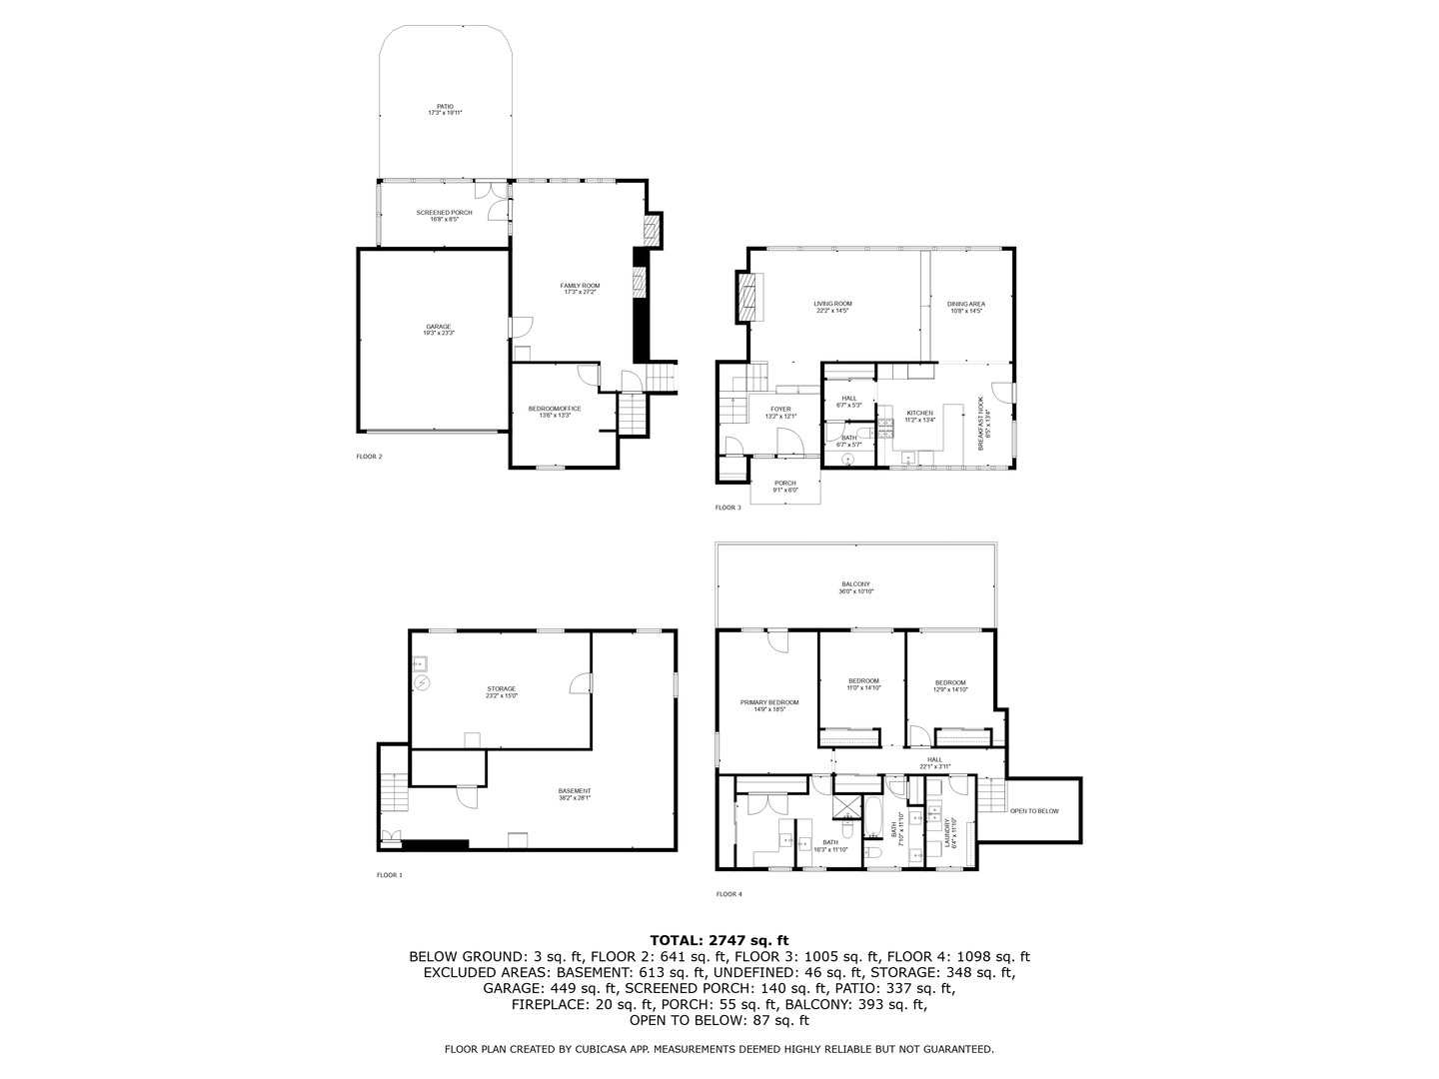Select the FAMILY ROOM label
tap(580, 288)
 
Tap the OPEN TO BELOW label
tap(1034, 811)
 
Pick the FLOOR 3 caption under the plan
tap(727, 508)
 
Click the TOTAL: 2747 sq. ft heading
tap(719, 940)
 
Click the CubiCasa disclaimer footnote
tap(719, 1049)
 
